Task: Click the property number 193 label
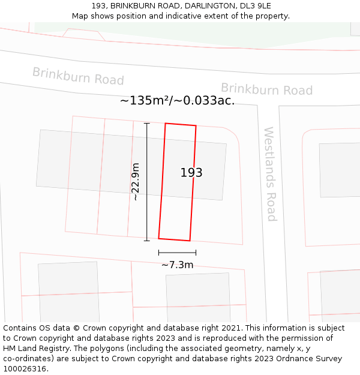(191, 173)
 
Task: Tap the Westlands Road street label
(271, 174)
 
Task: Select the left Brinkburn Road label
(78, 76)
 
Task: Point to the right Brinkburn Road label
(266, 89)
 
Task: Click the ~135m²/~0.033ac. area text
(177, 101)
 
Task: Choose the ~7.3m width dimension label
(177, 265)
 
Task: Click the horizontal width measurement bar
(177, 253)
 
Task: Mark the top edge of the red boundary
(181, 124)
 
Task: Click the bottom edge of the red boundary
(174, 239)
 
